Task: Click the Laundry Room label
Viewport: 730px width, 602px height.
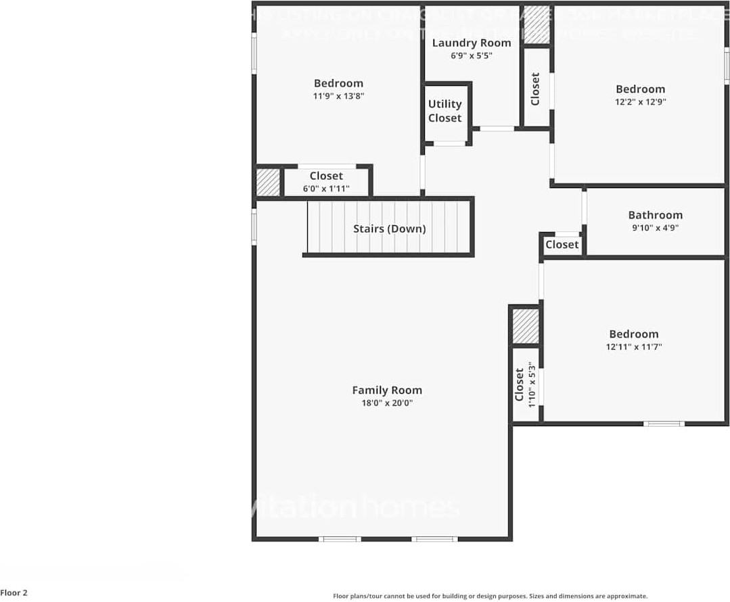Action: coord(472,43)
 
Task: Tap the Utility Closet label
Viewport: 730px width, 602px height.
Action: coord(444,111)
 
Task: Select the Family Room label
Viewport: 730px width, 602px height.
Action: coord(387,390)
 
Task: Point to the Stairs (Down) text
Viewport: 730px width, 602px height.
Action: coord(390,229)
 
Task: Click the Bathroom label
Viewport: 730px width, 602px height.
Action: coord(655,215)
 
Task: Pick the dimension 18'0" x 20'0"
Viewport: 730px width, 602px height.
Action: coord(387,403)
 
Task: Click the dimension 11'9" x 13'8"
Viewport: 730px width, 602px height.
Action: coord(338,96)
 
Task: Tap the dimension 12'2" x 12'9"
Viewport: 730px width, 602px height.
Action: coord(640,102)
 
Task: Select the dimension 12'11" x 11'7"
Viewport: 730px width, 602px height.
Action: coord(634,347)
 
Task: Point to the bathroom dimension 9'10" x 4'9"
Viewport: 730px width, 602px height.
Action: coord(655,228)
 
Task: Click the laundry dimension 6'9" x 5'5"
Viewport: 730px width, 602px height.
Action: coord(472,56)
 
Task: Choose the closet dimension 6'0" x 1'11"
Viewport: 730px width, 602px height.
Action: coord(326,189)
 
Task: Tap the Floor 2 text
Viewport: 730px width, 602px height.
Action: coord(14,593)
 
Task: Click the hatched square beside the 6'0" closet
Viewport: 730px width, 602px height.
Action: coord(267,182)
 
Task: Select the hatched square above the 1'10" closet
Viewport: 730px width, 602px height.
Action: coord(525,326)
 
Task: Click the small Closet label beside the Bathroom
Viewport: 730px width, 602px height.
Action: coord(562,245)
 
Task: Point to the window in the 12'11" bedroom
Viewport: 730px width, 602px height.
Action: coord(663,423)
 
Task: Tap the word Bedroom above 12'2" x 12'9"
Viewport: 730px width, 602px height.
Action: coord(640,89)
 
